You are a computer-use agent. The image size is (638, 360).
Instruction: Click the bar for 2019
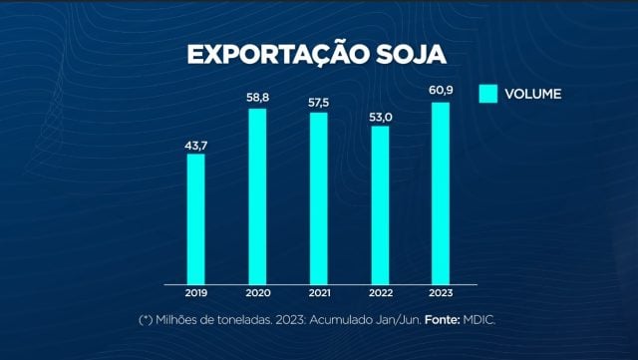pyautogui.click(x=195, y=218)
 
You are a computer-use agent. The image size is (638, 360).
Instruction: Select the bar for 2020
pyautogui.click(x=257, y=195)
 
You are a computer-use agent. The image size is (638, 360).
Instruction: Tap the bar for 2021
pyautogui.click(x=318, y=197)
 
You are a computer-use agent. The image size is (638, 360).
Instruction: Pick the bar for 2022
pyautogui.click(x=379, y=204)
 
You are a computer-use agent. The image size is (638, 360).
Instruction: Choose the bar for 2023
pyautogui.click(x=441, y=192)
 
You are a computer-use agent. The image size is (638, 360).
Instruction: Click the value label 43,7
pyautogui.click(x=195, y=145)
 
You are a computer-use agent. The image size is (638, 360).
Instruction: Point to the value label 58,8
pyautogui.click(x=257, y=99)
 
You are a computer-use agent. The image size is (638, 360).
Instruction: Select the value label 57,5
pyautogui.click(x=318, y=103)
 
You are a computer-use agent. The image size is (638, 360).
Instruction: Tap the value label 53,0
pyautogui.click(x=379, y=117)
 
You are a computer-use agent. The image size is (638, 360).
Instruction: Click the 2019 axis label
pyautogui.click(x=195, y=294)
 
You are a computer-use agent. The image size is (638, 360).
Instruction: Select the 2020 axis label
pyautogui.click(x=257, y=294)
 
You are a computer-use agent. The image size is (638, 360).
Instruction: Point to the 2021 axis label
pyautogui.click(x=318, y=294)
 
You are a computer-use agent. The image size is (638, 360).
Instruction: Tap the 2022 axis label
pyautogui.click(x=379, y=294)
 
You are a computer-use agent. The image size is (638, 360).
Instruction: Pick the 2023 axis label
pyautogui.click(x=441, y=294)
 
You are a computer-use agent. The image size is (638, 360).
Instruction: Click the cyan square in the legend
pyautogui.click(x=487, y=95)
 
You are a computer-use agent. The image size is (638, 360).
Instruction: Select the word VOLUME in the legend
pyautogui.click(x=532, y=95)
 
